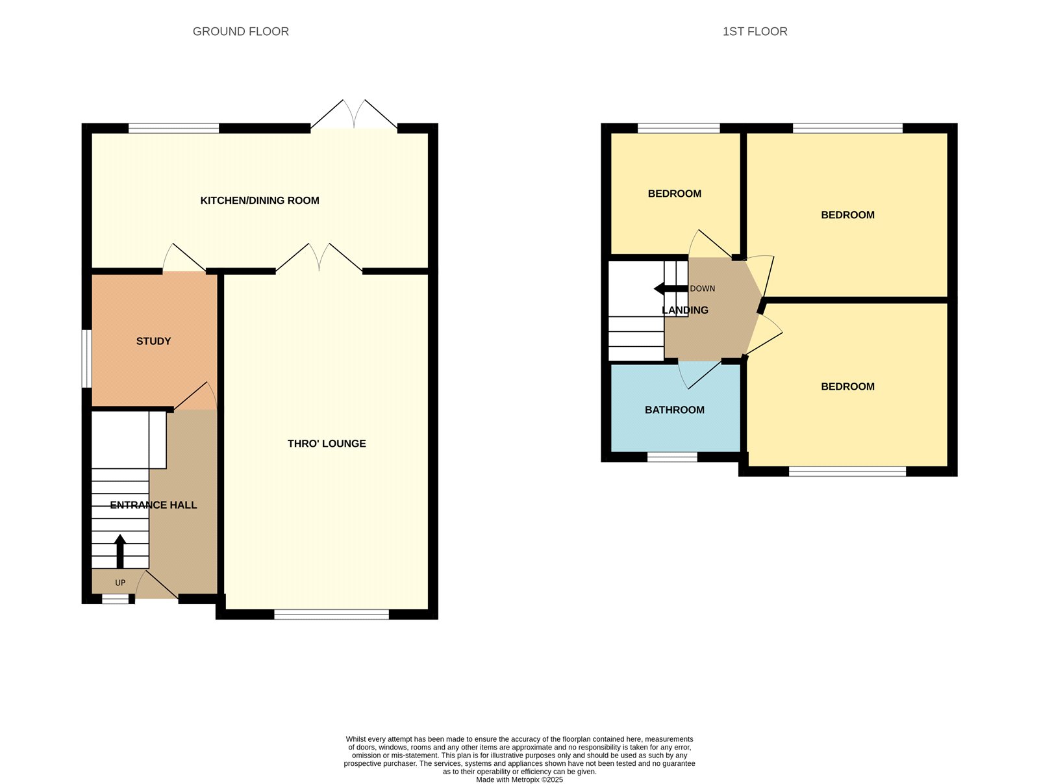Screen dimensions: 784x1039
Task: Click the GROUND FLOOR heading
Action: point(240,31)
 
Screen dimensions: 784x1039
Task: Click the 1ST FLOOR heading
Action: point(755,31)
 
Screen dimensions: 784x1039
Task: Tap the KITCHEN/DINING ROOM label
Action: point(260,201)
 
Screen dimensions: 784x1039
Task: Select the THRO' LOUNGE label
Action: point(327,444)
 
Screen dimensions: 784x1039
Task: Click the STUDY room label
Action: point(153,341)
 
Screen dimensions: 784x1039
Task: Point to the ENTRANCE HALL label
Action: point(153,505)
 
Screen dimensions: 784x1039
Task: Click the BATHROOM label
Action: point(674,410)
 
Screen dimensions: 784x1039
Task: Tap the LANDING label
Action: point(684,310)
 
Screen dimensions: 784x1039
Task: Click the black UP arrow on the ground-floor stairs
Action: point(120,551)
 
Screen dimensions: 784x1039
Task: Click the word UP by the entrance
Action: point(120,583)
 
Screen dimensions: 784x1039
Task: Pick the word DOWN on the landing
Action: point(702,288)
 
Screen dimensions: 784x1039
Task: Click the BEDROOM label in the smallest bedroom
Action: point(674,194)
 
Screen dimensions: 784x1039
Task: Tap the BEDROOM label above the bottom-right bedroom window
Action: point(847,386)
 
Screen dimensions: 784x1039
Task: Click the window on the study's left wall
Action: point(86,359)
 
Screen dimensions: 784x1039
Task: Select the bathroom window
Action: point(672,457)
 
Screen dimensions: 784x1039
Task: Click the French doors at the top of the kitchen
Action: point(354,117)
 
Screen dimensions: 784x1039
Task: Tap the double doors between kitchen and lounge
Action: point(319,259)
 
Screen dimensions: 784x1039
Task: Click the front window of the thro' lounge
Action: point(331,614)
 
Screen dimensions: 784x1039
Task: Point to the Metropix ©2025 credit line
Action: point(519,779)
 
